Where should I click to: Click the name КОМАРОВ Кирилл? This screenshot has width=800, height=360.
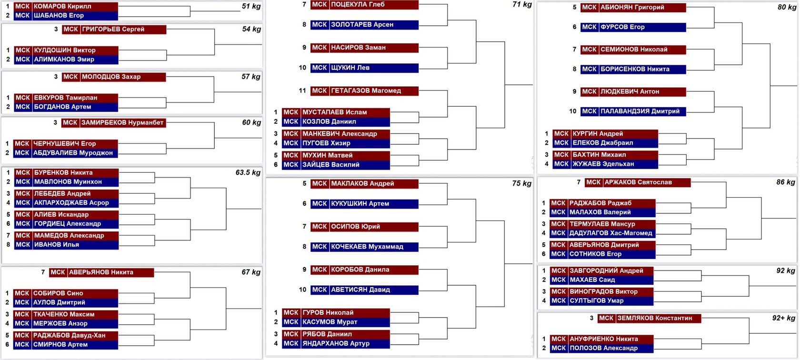pos(62,7)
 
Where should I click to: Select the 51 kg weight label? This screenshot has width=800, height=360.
pos(251,6)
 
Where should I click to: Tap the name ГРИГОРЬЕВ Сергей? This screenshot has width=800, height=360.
pos(113,29)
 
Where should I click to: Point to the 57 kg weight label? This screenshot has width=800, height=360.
pos(250,77)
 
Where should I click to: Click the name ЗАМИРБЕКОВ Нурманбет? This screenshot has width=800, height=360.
pos(122,123)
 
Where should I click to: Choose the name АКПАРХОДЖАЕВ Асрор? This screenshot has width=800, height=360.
pos(71,203)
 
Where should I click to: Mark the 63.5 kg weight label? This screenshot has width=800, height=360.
pos(248,172)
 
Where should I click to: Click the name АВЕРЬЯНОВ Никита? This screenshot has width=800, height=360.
pos(101,272)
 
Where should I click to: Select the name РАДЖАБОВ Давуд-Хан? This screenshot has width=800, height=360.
pos(70,335)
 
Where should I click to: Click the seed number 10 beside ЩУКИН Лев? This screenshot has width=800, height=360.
pos(302,68)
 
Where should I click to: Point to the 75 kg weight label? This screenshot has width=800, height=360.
pos(522,183)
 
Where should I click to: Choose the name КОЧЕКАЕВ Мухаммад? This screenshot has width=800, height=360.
pos(367,247)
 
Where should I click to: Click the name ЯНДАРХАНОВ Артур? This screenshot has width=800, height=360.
pos(336,343)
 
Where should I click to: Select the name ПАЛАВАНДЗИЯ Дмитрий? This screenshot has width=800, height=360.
pos(640,111)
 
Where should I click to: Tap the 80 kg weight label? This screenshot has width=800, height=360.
pos(787,7)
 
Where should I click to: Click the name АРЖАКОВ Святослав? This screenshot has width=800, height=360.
pos(638,182)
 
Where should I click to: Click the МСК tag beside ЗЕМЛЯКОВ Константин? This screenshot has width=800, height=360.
pos(606,318)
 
